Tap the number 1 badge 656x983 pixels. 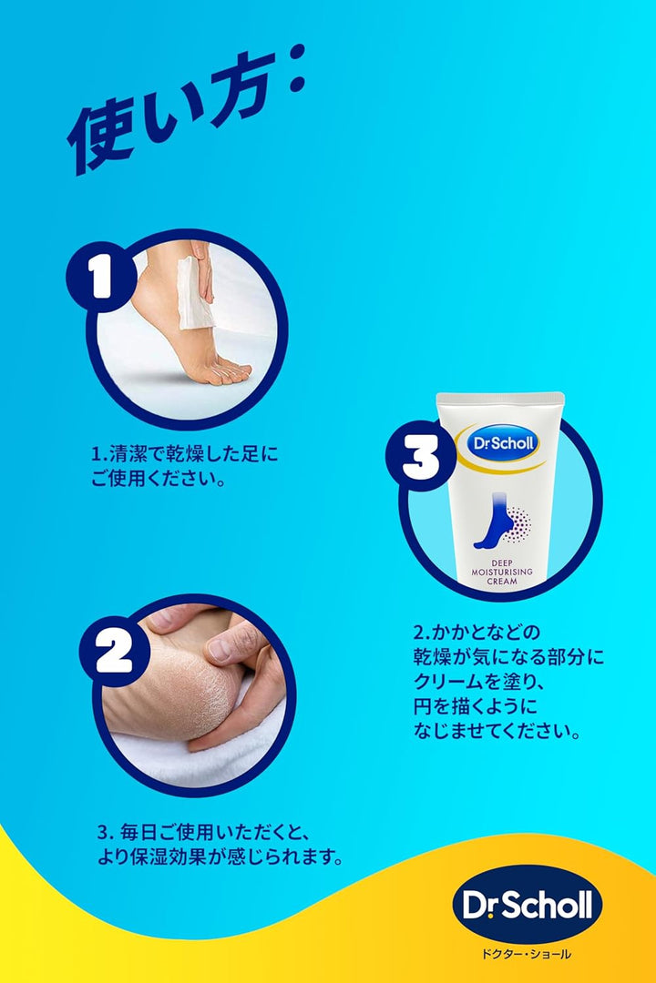pos(100,277)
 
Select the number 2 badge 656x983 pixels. pos(114,652)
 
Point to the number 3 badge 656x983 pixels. pos(420,455)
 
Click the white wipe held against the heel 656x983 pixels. pos(195,293)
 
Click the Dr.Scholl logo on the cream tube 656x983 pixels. pos(503,444)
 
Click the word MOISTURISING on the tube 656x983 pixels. pos(502,572)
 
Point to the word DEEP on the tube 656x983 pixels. pos(502,563)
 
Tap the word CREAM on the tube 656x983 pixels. pos(502,581)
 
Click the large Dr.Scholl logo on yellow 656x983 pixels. pos(528,904)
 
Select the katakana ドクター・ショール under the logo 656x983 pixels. pos(527,954)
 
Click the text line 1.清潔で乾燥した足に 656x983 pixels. pos(185,453)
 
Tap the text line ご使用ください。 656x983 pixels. pos(159,479)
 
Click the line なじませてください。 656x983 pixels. pos(497,730)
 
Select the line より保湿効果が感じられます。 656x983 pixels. pos(220,856)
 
